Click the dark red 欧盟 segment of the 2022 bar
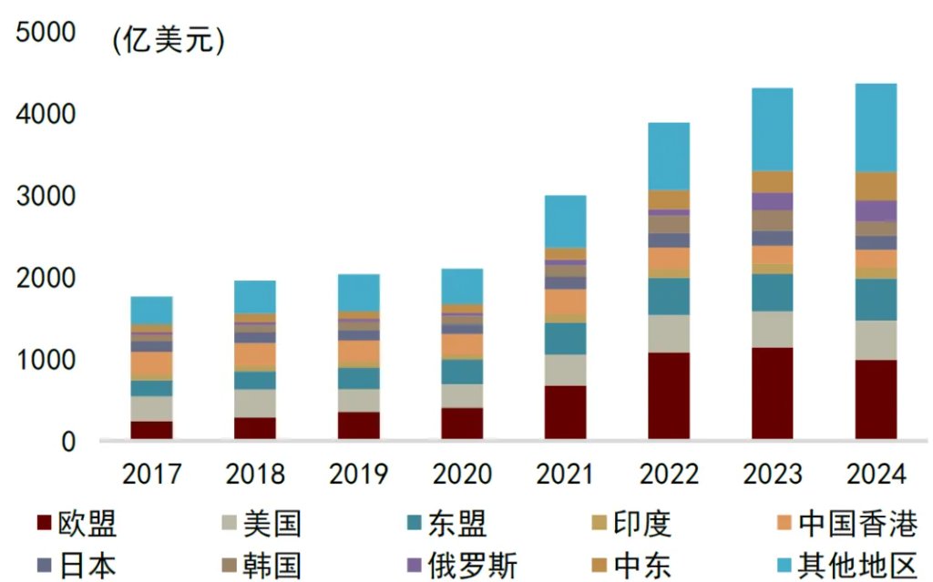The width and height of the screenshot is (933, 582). pyautogui.click(x=668, y=396)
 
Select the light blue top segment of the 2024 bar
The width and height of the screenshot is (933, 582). pyautogui.click(x=876, y=128)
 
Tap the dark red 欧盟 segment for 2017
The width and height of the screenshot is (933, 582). pyautogui.click(x=151, y=430)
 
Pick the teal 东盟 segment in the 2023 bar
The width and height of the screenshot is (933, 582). pyautogui.click(x=772, y=292)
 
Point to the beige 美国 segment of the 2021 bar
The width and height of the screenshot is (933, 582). pyautogui.click(x=565, y=370)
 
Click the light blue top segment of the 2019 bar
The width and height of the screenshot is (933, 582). pyautogui.click(x=359, y=292)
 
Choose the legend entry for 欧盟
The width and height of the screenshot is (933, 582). pyautogui.click(x=77, y=524)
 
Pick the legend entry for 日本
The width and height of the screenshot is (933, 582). pyautogui.click(x=77, y=565)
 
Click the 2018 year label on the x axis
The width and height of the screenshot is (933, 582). pyautogui.click(x=255, y=475)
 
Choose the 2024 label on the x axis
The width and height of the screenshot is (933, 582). pyautogui.click(x=876, y=475)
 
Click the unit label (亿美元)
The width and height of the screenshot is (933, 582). pyautogui.click(x=168, y=41)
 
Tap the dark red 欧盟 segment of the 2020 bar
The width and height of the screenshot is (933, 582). pyautogui.click(x=462, y=424)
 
